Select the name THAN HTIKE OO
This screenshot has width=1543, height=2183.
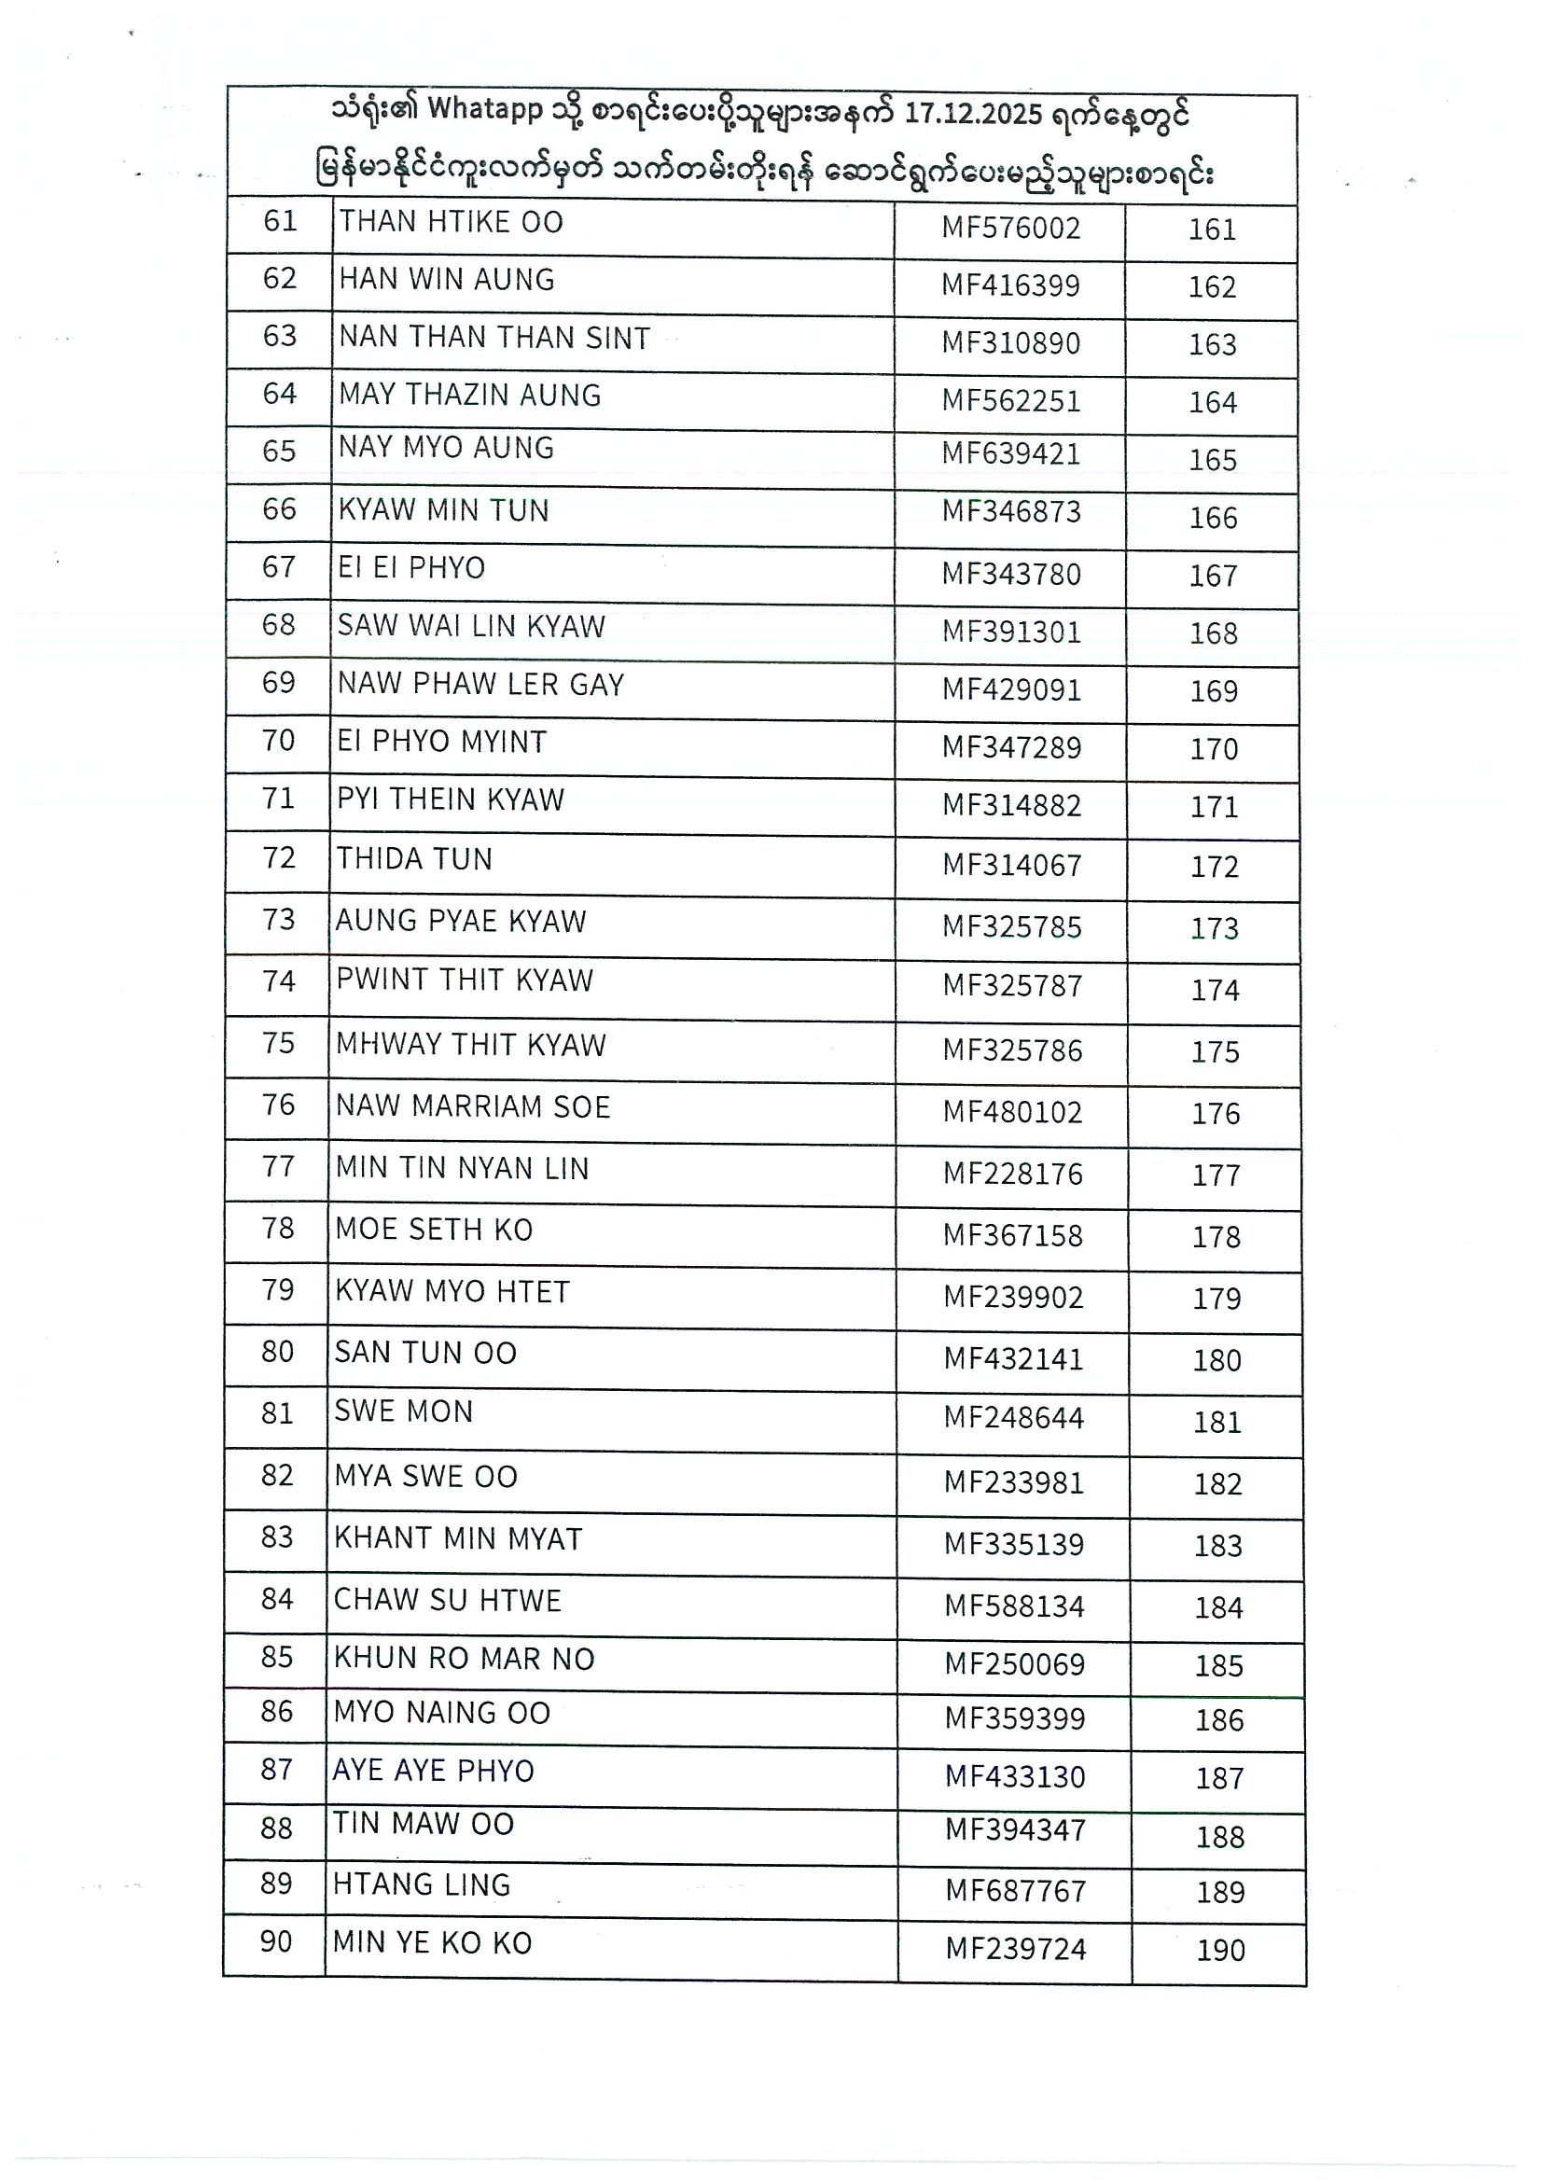pyautogui.click(x=451, y=222)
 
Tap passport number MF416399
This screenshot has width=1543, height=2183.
pyautogui.click(x=1010, y=285)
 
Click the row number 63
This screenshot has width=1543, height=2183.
pyautogui.click(x=280, y=336)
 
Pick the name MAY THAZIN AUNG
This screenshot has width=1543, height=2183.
pyautogui.click(x=469, y=395)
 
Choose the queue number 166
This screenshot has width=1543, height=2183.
pyautogui.click(x=1213, y=518)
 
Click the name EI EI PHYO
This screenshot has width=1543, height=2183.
pyautogui.click(x=410, y=567)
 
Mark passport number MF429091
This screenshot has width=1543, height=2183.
pyautogui.click(x=1011, y=689)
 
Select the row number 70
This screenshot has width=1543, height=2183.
pyautogui.click(x=279, y=740)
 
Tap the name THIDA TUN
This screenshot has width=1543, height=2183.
pyautogui.click(x=414, y=858)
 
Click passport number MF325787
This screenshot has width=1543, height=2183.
pyautogui.click(x=1012, y=985)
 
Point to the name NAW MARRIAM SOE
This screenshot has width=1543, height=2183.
pyautogui.click(x=472, y=1106)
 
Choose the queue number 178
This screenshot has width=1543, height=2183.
pyautogui.click(x=1216, y=1237)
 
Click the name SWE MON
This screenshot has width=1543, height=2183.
pyautogui.click(x=403, y=1411)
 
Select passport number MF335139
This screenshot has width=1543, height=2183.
pyautogui.click(x=1013, y=1544)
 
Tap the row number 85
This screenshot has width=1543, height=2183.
pyautogui.click(x=277, y=1657)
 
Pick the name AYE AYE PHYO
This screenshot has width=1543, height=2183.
pyautogui.click(x=434, y=1771)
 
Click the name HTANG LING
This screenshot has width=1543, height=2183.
pyautogui.click(x=422, y=1884)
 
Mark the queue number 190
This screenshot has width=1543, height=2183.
pyautogui.click(x=1221, y=1950)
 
